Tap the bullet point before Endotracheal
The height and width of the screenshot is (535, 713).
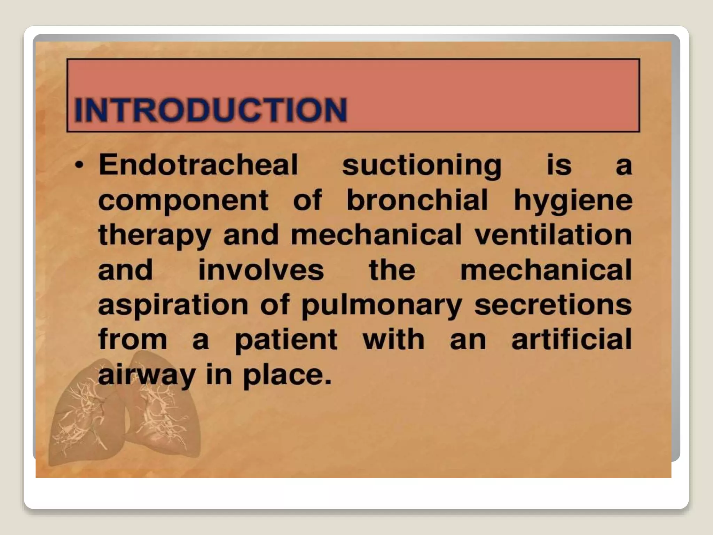coord(80,165)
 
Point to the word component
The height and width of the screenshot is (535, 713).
coord(183,201)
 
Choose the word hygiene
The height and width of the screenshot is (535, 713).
coord(573,201)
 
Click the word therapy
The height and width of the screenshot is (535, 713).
coord(155,236)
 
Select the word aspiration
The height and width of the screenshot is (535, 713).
coord(173,305)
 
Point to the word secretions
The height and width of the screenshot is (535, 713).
coord(553,305)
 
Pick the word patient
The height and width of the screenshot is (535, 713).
coord(286,340)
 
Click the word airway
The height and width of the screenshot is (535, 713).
coord(147,375)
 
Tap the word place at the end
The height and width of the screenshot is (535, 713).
coord(287,375)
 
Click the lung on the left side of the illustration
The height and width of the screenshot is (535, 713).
coord(85,421)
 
